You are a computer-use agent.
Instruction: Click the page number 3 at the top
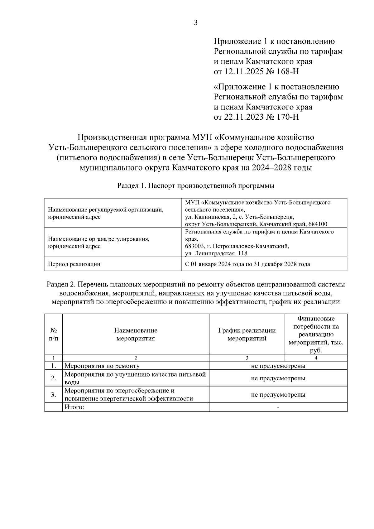[196, 23]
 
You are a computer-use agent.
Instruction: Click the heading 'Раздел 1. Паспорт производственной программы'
[196, 186]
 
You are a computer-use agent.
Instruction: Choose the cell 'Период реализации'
[74, 264]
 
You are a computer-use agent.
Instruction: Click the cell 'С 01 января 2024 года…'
[247, 264]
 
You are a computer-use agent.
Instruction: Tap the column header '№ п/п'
[54, 334]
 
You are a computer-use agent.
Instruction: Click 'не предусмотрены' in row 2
[278, 378]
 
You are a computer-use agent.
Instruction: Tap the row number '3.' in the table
[54, 395]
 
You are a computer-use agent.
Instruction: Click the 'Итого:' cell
[74, 407]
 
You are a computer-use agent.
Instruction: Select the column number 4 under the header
[316, 358]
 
